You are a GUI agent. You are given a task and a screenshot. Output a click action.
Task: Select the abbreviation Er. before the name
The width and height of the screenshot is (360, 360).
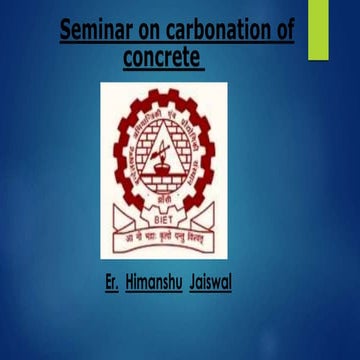click(x=111, y=274)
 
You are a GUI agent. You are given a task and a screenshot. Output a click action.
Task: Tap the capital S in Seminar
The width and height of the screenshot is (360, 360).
click(x=66, y=32)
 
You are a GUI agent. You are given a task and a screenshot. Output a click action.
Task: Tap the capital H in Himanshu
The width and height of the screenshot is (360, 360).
click(x=131, y=274)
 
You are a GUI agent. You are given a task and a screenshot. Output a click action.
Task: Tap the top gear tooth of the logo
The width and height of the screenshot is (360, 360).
click(x=164, y=91)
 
